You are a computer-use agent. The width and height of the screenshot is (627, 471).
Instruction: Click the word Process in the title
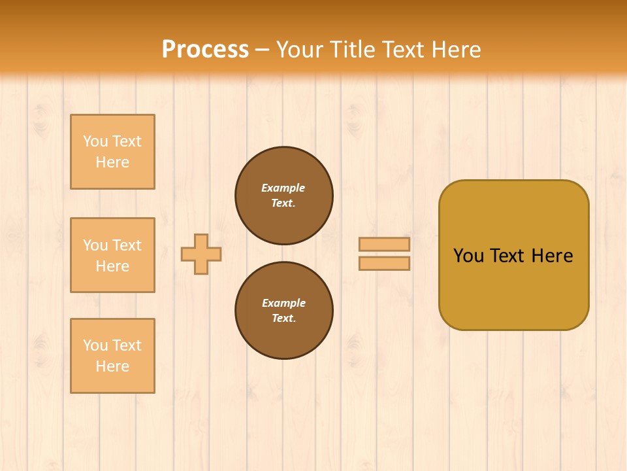click(x=205, y=50)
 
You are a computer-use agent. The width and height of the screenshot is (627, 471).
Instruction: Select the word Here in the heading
click(x=455, y=50)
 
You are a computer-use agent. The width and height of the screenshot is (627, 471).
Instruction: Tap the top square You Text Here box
click(x=112, y=152)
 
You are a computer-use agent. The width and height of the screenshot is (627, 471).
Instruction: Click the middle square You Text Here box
click(x=112, y=255)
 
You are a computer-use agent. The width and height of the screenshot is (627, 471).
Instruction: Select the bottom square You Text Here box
click(x=112, y=356)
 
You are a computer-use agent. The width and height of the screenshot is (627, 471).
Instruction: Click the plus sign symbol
click(x=201, y=254)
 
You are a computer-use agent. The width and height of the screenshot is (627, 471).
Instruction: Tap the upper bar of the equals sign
click(x=384, y=244)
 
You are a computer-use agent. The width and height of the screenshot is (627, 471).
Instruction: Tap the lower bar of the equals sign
click(x=384, y=264)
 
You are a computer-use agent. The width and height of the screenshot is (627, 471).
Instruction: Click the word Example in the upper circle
click(x=283, y=188)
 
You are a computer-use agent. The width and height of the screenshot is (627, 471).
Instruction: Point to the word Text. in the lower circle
click(x=283, y=319)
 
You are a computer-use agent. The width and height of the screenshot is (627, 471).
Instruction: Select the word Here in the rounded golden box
click(x=552, y=256)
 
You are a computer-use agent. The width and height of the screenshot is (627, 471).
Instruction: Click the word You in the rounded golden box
click(x=468, y=256)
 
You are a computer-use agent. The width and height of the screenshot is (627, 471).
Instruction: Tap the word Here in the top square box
click(x=112, y=162)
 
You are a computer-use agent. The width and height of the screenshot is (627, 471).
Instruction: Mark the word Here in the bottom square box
click(x=112, y=366)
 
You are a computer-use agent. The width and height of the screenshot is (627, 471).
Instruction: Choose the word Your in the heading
click(x=300, y=50)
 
